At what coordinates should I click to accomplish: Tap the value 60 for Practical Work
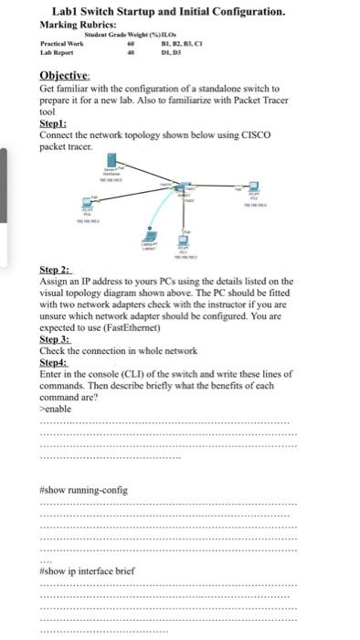(x=130, y=43)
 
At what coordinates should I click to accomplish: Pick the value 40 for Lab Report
(x=130, y=52)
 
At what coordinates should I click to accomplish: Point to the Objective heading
(x=64, y=76)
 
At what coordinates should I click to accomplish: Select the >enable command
(x=57, y=408)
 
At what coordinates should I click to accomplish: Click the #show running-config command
(x=84, y=489)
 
